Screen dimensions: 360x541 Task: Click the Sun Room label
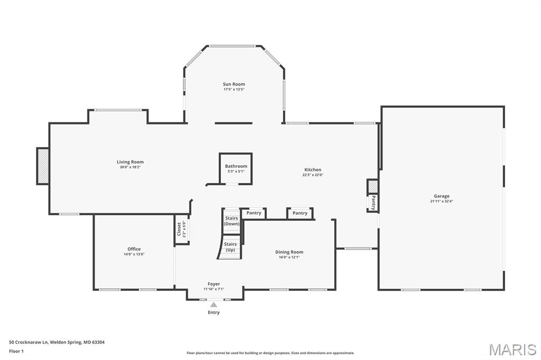tap(234, 84)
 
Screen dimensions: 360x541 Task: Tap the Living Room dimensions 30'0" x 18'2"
tap(130, 167)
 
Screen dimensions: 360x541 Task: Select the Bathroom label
tap(236, 166)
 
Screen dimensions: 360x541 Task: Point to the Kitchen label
tap(312, 169)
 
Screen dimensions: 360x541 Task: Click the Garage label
tap(442, 196)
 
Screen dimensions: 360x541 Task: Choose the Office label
tap(134, 249)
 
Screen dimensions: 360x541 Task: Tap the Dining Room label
tap(289, 252)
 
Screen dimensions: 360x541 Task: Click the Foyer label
tap(213, 284)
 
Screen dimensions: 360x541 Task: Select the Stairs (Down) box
tap(231, 221)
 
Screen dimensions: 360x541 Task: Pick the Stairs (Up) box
tap(230, 247)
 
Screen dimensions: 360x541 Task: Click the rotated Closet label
tap(179, 229)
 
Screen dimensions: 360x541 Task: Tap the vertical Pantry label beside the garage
tap(373, 202)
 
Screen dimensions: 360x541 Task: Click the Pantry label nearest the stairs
tap(254, 213)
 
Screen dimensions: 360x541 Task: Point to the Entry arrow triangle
tap(213, 304)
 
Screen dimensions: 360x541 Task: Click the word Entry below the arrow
tap(213, 312)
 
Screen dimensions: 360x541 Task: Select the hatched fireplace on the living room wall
tap(43, 166)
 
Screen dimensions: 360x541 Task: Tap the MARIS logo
tap(512, 349)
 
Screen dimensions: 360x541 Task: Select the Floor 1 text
tap(16, 351)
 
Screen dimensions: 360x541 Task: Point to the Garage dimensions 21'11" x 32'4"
tap(442, 201)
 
